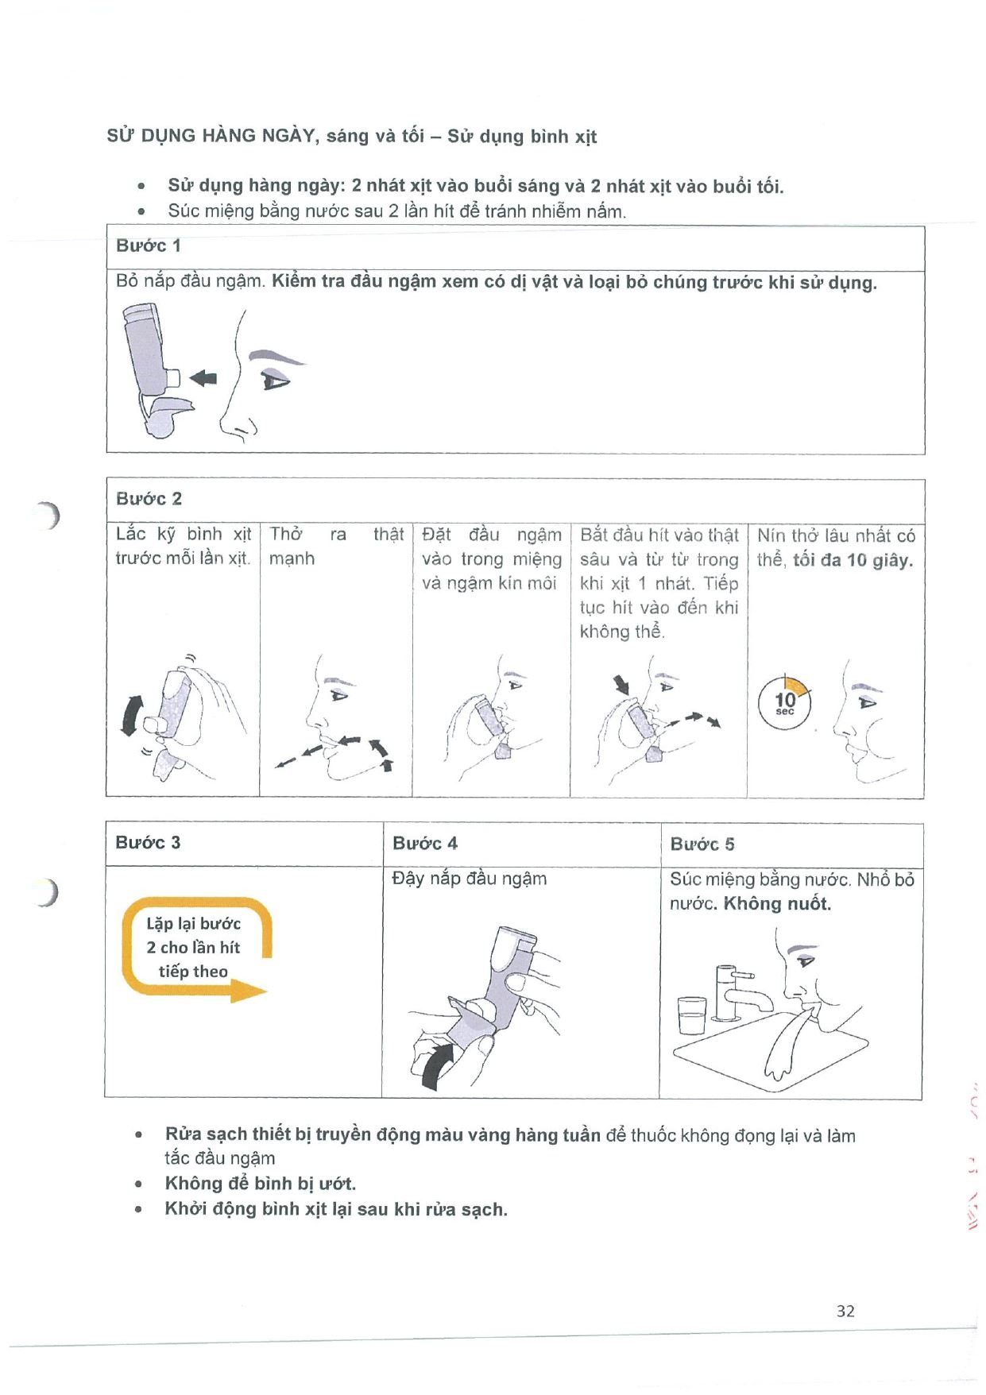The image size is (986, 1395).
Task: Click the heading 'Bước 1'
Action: (x=149, y=245)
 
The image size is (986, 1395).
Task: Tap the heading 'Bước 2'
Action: (x=149, y=499)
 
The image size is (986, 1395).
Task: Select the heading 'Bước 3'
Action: (x=148, y=842)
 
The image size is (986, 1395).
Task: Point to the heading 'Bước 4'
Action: (x=425, y=843)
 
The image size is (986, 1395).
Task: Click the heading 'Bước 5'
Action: (x=702, y=844)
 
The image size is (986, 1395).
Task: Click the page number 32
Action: (x=845, y=1311)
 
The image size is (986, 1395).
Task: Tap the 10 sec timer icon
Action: (x=785, y=702)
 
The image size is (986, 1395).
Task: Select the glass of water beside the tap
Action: (x=691, y=1015)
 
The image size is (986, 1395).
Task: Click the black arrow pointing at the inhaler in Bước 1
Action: (x=204, y=378)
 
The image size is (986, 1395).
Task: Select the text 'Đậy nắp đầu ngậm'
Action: (x=470, y=879)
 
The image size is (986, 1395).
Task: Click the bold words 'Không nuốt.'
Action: (x=777, y=904)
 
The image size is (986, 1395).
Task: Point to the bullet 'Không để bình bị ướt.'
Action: (x=260, y=1184)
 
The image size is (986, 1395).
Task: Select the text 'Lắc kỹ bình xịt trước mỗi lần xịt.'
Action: (x=184, y=546)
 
